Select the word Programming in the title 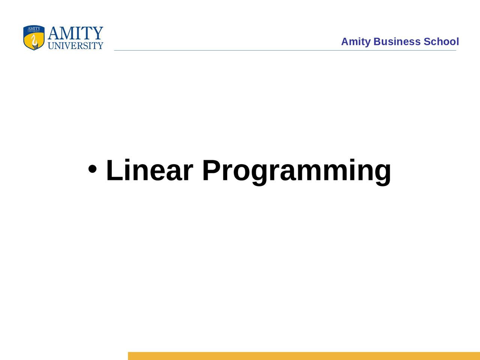pyautogui.click(x=296, y=171)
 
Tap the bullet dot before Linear pyautogui.click(x=93, y=169)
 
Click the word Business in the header pyautogui.click(x=397, y=42)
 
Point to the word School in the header pyautogui.click(x=441, y=42)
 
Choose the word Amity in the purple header pyautogui.click(x=355, y=42)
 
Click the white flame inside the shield pyautogui.click(x=34, y=39)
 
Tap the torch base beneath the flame pyautogui.click(x=35, y=46)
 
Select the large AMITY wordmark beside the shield pyautogui.click(x=75, y=33)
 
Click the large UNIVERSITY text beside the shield pyautogui.click(x=75, y=46)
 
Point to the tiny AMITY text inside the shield pyautogui.click(x=34, y=28)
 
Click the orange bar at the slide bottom pyautogui.click(x=304, y=356)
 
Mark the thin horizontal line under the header pyautogui.click(x=285, y=50)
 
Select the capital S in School pyautogui.click(x=427, y=42)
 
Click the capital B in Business pyautogui.click(x=377, y=42)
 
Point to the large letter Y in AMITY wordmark pyautogui.click(x=98, y=33)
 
